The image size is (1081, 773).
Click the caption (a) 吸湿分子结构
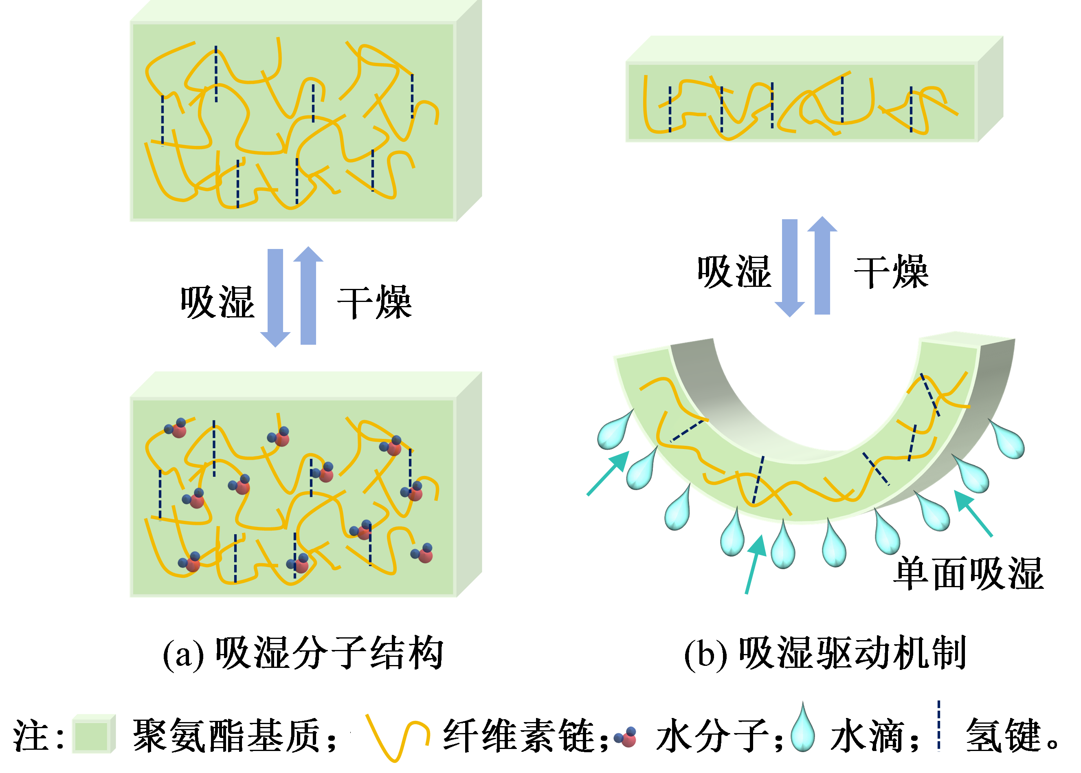tap(303, 653)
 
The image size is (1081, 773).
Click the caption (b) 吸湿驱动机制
tap(824, 653)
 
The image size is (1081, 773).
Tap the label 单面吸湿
tap(968, 574)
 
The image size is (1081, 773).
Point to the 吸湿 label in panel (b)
tap(734, 272)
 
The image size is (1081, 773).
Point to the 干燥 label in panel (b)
tap(891, 272)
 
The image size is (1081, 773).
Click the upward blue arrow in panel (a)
tap(308, 295)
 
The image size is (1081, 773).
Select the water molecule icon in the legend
tap(626, 737)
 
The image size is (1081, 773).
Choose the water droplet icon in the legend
tap(803, 728)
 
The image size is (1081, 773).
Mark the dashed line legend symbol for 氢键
tap(939, 726)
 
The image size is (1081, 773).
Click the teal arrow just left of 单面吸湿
tap(973, 514)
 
